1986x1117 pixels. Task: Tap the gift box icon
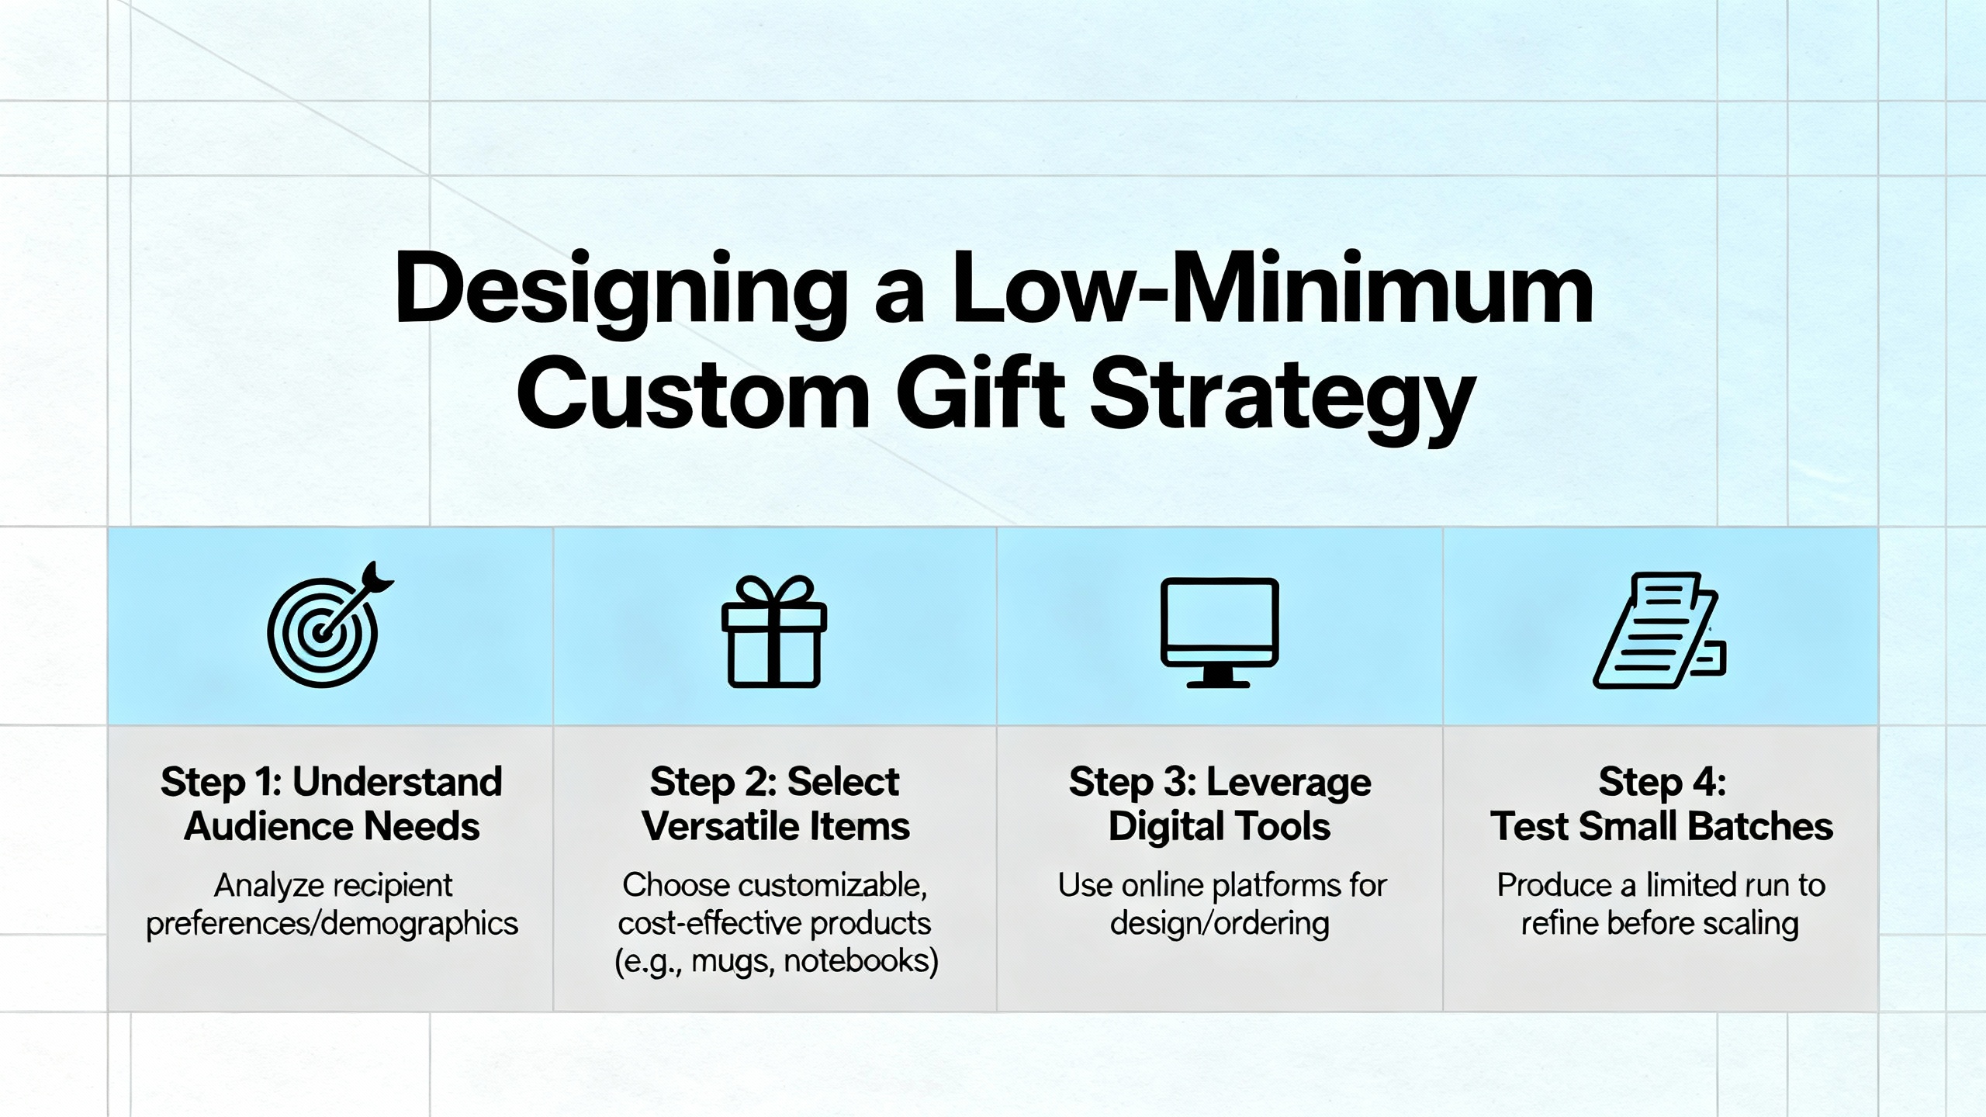[774, 632]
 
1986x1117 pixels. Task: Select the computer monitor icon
[1219, 632]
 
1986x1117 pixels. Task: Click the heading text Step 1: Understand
[331, 782]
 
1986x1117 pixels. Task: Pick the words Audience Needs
[331, 826]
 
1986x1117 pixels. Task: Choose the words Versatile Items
[775, 826]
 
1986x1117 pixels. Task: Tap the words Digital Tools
[1219, 826]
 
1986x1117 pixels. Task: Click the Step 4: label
[1662, 782]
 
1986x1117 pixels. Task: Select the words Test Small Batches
[1662, 826]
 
